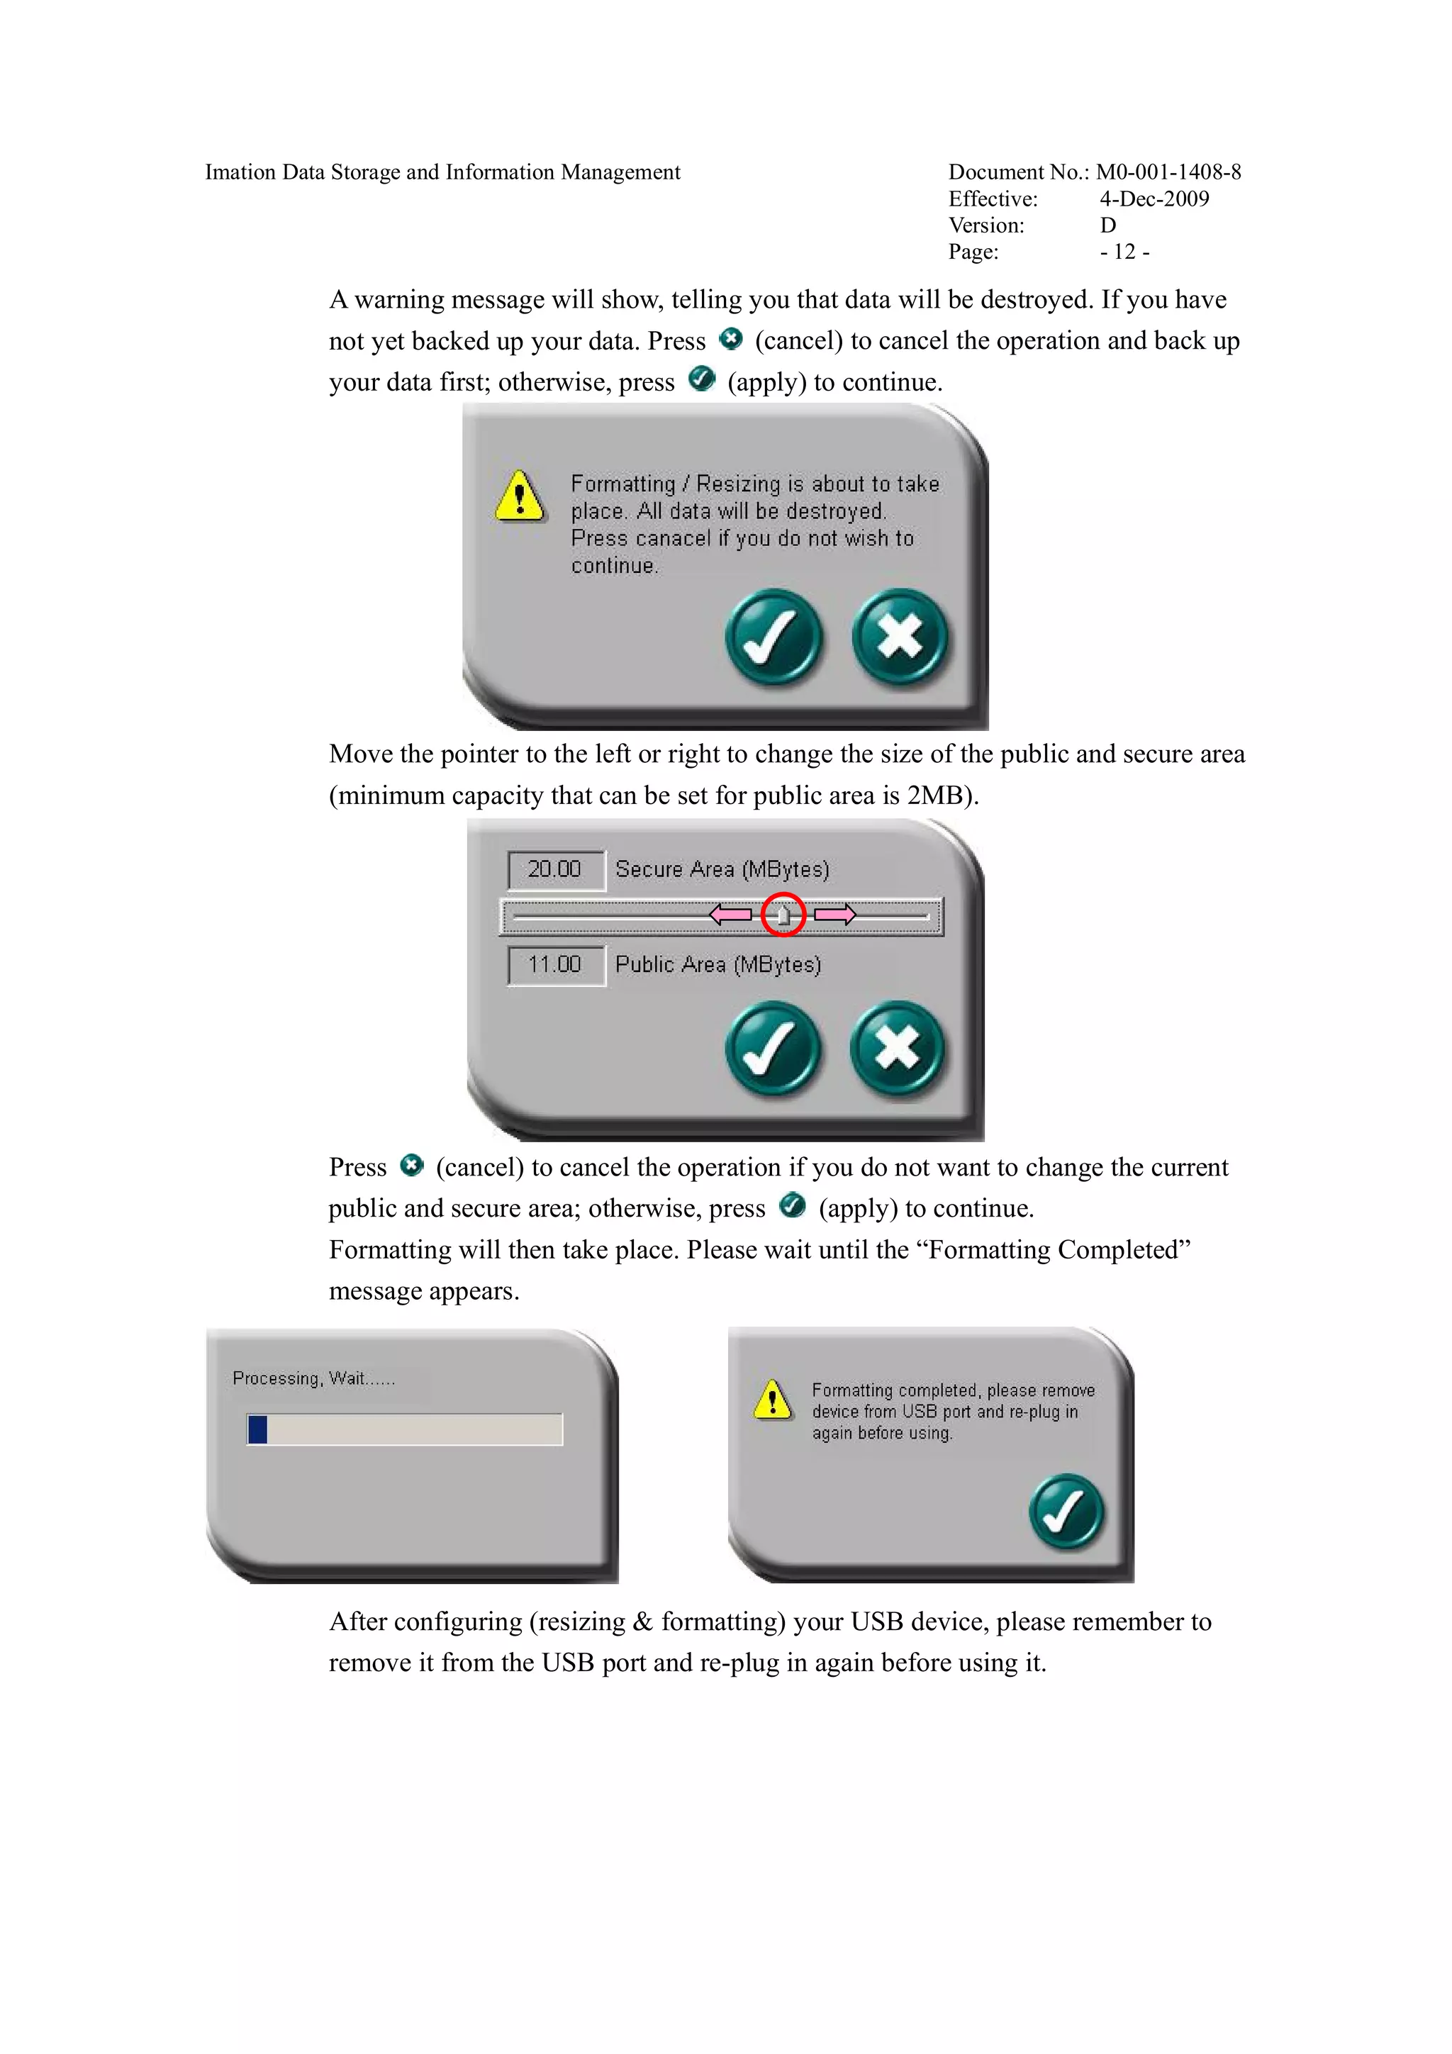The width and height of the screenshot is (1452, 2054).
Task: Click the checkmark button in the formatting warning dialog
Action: [773, 637]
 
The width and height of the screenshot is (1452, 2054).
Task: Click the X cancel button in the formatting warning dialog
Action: [899, 637]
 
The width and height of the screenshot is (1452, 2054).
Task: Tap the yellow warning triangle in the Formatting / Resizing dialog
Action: [519, 496]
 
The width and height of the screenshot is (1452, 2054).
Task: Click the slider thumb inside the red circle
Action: [783, 915]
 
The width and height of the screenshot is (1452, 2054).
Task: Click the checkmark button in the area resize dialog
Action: [772, 1049]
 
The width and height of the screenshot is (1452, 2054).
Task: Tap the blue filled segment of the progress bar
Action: [257, 1429]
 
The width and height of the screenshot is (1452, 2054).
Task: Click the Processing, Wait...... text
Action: [313, 1378]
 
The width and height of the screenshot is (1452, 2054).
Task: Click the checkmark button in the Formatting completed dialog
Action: [1066, 1511]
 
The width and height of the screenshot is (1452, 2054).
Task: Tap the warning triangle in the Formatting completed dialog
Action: [773, 1401]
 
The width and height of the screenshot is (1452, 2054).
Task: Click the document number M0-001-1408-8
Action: [1168, 172]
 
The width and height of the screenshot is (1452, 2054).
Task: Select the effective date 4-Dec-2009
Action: [1154, 199]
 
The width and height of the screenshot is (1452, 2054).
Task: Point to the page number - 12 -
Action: [1124, 252]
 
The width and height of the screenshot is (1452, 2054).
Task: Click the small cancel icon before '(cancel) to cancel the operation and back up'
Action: [731, 339]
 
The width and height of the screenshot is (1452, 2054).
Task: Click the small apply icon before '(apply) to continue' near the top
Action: [703, 379]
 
